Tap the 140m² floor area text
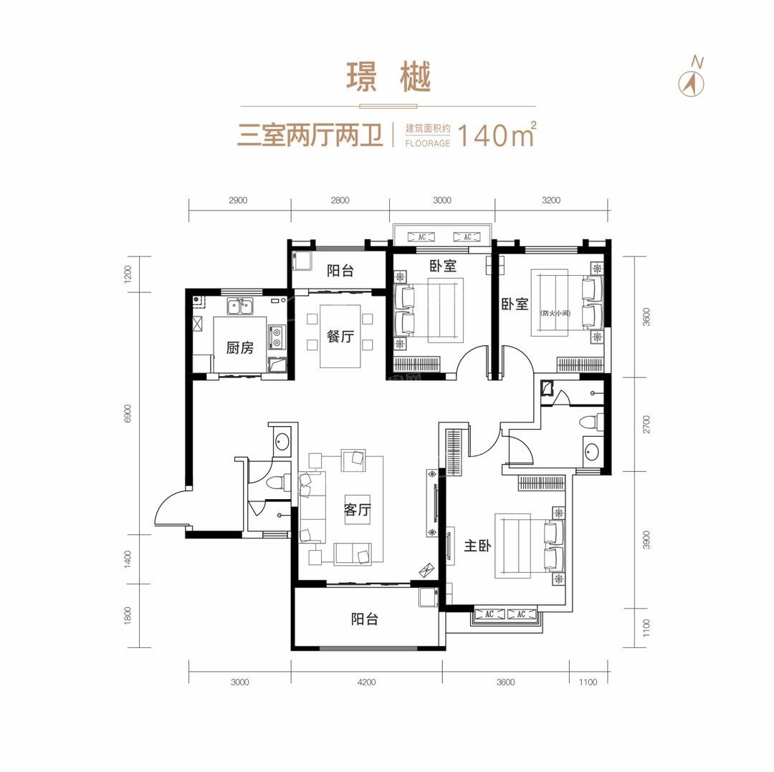point(495,135)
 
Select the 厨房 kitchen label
point(239,349)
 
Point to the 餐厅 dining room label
point(340,337)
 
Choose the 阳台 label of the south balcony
point(364,619)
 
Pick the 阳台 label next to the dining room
point(340,271)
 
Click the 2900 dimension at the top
point(238,201)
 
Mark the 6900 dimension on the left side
point(128,413)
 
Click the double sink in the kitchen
point(239,308)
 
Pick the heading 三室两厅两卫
point(310,135)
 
